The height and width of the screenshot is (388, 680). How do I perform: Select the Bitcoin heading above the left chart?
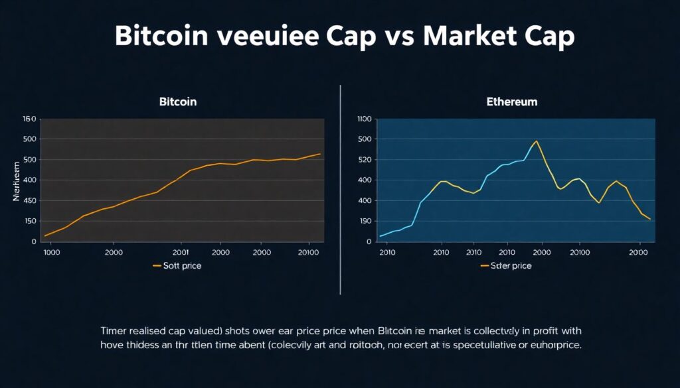click(x=178, y=102)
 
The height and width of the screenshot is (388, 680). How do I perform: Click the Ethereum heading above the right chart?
click(x=511, y=102)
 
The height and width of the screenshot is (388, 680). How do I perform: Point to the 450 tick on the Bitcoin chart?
click(x=29, y=200)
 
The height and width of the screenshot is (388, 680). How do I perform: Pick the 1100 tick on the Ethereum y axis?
click(x=363, y=119)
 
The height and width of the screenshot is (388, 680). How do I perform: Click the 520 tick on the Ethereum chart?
click(x=364, y=160)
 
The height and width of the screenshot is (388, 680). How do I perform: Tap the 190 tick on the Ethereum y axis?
click(x=364, y=221)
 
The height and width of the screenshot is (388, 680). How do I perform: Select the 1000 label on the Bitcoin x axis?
click(x=51, y=253)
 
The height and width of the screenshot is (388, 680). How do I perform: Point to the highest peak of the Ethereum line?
click(x=536, y=141)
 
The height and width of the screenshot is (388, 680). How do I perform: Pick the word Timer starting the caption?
click(x=116, y=330)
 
